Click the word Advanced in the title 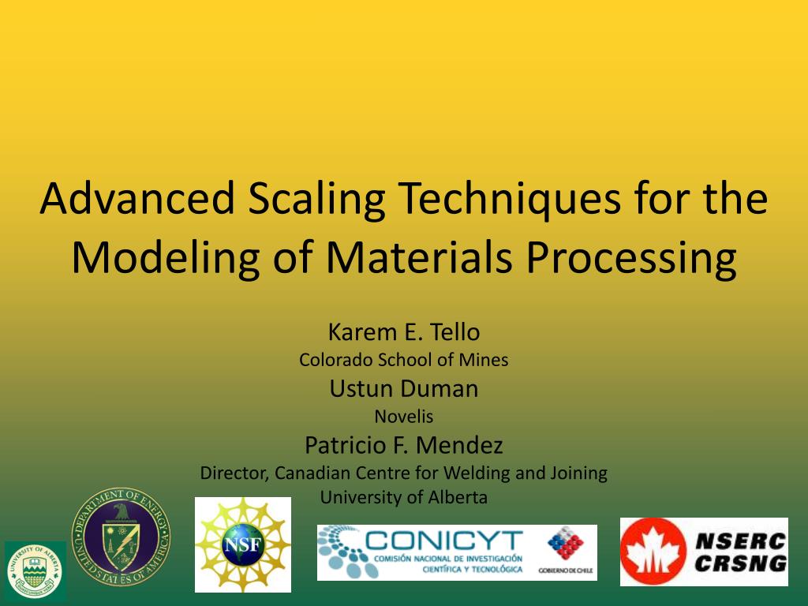(x=138, y=199)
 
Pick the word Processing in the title (x=632, y=257)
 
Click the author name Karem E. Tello (x=403, y=331)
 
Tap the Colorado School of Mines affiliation (x=403, y=360)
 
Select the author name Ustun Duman (x=403, y=388)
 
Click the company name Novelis (x=403, y=416)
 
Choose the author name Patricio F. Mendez (x=403, y=445)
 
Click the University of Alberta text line (x=403, y=498)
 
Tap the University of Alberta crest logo (x=36, y=571)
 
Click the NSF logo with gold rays (x=242, y=544)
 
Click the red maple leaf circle (x=653, y=552)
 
